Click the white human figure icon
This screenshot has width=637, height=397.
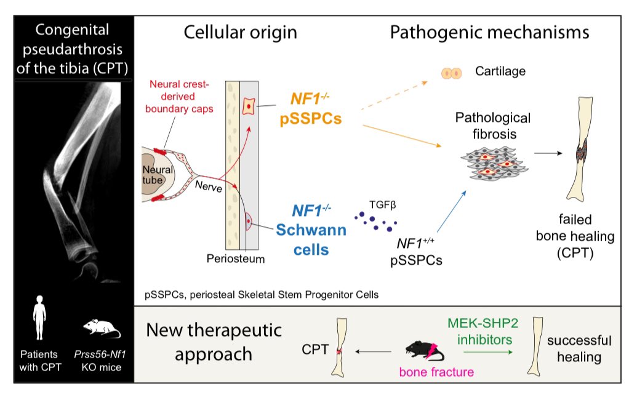(39, 318)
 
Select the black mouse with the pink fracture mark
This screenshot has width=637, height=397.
(425, 351)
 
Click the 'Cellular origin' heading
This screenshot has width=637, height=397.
(241, 33)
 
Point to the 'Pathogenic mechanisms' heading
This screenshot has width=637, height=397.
(489, 33)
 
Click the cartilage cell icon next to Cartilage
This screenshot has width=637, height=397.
(451, 73)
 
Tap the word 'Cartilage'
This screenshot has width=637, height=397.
(500, 71)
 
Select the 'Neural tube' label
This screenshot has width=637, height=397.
(158, 175)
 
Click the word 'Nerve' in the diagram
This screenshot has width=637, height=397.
(209, 186)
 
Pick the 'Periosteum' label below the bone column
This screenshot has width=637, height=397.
(236, 259)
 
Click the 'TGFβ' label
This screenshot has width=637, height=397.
(383, 205)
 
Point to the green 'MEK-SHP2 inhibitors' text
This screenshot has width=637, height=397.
(483, 331)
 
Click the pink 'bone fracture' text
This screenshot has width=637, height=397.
(436, 372)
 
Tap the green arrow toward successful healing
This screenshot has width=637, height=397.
(488, 352)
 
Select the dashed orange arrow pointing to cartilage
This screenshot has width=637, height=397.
(394, 95)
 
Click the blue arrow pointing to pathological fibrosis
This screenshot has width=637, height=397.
(452, 211)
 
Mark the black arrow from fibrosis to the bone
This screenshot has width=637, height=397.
(548, 153)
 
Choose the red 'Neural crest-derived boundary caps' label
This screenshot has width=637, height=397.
(178, 96)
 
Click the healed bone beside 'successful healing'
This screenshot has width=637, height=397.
(535, 346)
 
